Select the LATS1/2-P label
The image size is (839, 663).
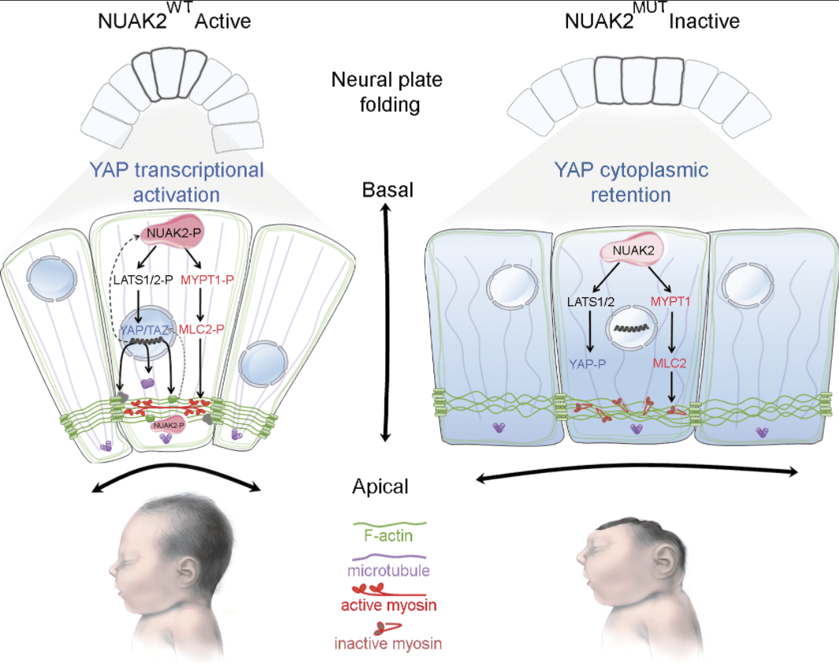click(x=143, y=280)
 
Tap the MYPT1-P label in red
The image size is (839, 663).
click(x=207, y=280)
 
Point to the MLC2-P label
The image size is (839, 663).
click(x=201, y=330)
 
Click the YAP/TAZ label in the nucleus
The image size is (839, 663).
click(x=144, y=330)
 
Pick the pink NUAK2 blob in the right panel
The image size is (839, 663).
click(x=633, y=250)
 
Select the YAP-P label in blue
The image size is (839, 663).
click(x=588, y=364)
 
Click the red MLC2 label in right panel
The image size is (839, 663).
click(x=670, y=363)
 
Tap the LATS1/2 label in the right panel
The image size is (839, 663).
click(x=591, y=302)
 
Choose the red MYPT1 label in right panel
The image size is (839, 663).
click(x=670, y=301)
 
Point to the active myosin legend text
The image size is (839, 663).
click(x=388, y=605)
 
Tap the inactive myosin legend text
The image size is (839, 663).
click(x=388, y=643)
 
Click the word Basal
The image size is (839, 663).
click(x=388, y=190)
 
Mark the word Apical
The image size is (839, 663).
click(x=381, y=486)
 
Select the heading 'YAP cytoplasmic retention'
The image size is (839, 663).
click(x=631, y=182)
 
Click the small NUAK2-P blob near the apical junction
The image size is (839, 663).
click(x=169, y=425)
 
